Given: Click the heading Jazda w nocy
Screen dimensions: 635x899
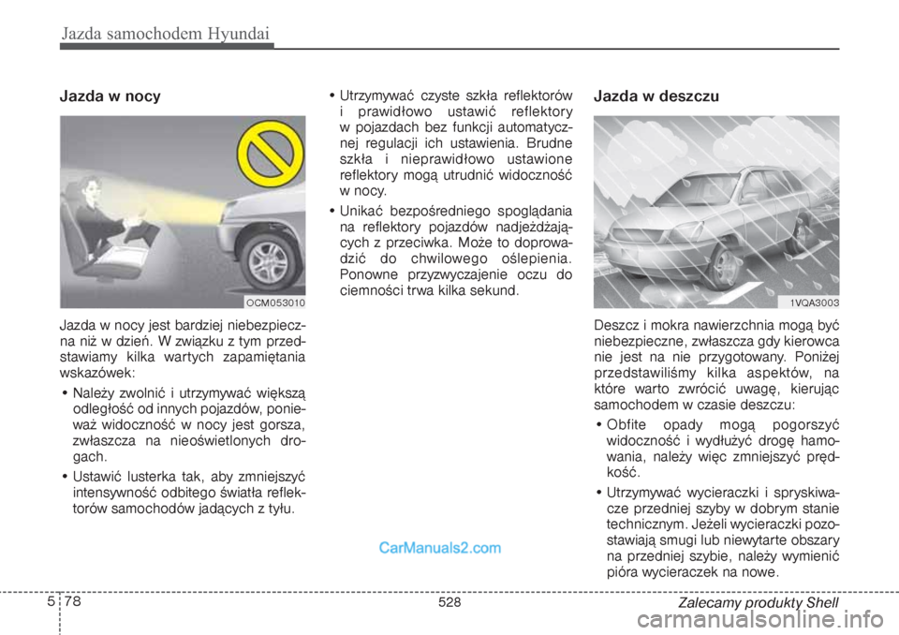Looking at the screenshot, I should pyautogui.click(x=110, y=96).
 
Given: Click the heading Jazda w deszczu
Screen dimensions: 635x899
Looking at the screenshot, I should pyautogui.click(x=656, y=96).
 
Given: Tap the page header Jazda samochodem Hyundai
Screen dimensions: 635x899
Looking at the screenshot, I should pyautogui.click(x=167, y=35).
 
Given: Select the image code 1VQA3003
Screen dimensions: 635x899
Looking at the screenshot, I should pyautogui.click(x=813, y=303).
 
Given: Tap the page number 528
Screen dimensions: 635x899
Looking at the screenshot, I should pyautogui.click(x=449, y=603).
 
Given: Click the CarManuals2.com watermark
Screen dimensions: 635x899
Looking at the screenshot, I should pyautogui.click(x=440, y=548).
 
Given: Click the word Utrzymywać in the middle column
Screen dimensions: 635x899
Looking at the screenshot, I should pyautogui.click(x=374, y=96).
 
